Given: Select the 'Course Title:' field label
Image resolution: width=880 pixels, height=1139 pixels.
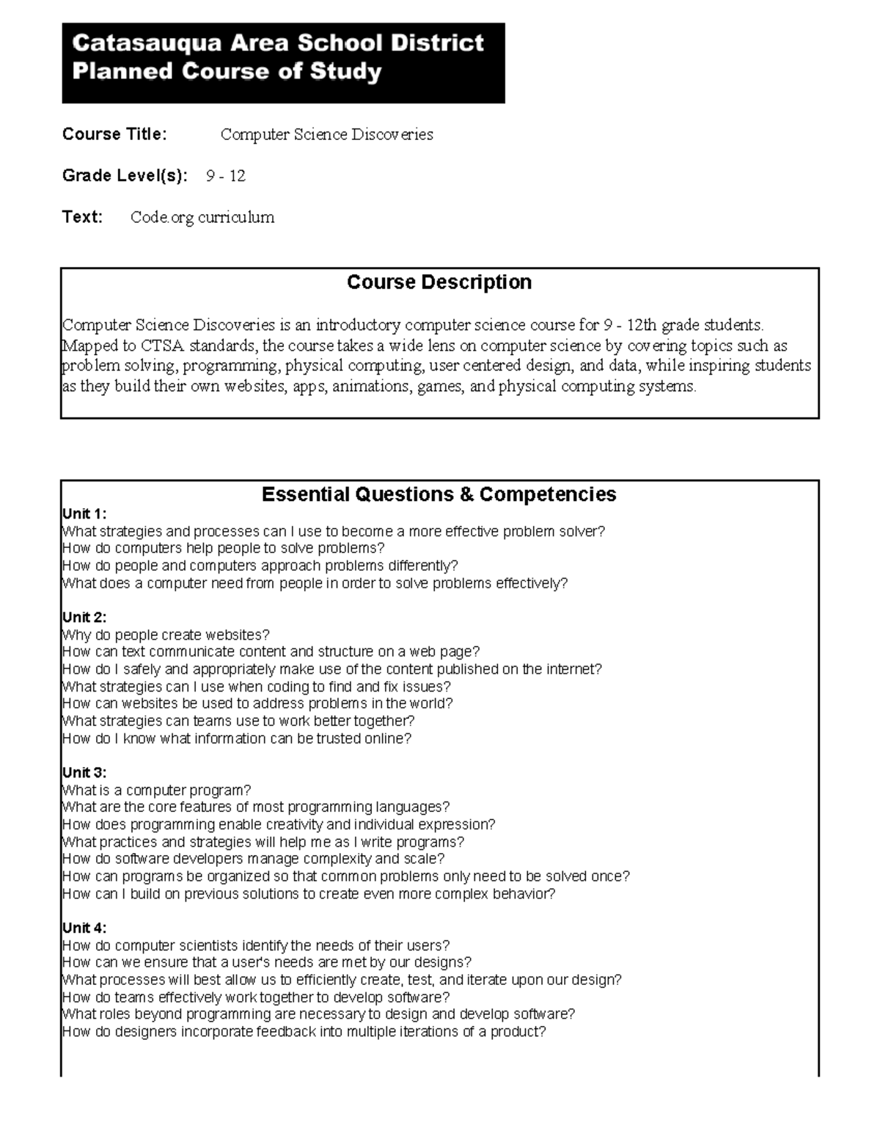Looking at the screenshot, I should (114, 134).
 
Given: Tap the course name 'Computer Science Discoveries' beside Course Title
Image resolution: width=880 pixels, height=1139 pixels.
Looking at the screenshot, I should (326, 134).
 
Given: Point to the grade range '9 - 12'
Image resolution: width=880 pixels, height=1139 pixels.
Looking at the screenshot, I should (225, 176).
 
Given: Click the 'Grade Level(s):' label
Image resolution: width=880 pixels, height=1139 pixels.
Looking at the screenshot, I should (125, 176).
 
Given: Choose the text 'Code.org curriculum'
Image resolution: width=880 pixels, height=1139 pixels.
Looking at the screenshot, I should (202, 217).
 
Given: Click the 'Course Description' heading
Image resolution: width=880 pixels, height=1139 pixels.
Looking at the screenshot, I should (439, 282).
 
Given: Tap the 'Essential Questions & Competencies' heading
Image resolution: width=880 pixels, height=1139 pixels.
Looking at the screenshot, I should (439, 494).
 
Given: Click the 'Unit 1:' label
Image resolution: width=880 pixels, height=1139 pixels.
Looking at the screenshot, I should (84, 513).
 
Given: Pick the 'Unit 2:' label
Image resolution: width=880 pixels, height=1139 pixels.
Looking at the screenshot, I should (84, 618).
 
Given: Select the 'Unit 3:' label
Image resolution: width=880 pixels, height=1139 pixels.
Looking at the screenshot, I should (84, 773).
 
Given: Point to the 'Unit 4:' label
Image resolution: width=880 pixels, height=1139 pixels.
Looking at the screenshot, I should (84, 928).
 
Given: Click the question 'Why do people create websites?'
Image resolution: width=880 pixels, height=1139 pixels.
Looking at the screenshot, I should (166, 634).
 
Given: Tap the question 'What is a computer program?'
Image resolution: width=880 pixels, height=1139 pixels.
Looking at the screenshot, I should (156, 790).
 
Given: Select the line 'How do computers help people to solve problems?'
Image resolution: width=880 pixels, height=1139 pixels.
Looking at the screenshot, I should (223, 548).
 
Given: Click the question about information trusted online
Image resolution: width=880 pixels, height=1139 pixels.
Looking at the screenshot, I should (236, 739).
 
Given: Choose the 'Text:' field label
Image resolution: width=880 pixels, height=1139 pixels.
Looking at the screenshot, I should (82, 217).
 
